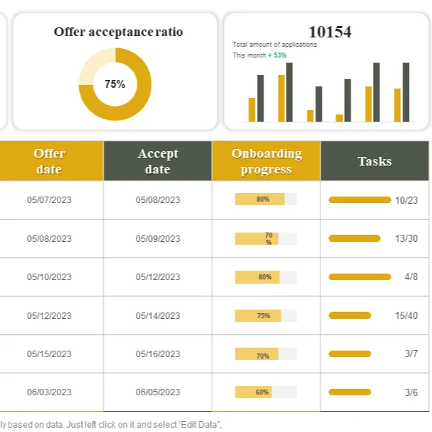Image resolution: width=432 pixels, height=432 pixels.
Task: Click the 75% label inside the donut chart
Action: pos(114,84)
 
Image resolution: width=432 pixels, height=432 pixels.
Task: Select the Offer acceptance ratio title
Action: pos(118,32)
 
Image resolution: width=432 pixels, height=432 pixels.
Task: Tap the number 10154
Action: pos(330,32)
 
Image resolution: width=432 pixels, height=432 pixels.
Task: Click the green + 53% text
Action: pos(277,55)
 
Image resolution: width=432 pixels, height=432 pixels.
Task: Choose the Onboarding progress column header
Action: pos(266,161)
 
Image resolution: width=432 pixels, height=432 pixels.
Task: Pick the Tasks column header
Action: pos(374,161)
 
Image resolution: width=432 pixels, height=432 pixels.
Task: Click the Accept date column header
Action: pos(158,161)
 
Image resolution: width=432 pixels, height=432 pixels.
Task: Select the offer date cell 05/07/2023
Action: pos(50,199)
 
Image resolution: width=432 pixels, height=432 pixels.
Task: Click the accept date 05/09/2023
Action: pos(158,238)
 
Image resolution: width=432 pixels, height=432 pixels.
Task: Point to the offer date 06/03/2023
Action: pos(50,392)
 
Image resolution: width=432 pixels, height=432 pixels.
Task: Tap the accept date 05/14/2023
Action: pos(158,315)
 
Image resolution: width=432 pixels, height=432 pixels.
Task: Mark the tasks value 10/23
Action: pos(406,199)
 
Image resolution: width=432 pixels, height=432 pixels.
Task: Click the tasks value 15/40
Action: pos(406,315)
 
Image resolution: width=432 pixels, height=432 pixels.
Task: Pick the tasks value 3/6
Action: pos(410,392)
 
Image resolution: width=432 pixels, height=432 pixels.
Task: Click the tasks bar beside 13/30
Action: pos(354,238)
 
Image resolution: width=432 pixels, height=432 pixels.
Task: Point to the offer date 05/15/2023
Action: pos(50,354)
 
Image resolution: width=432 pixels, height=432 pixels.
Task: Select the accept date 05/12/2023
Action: pos(158,276)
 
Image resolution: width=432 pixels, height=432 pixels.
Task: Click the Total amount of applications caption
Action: pos(274,45)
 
